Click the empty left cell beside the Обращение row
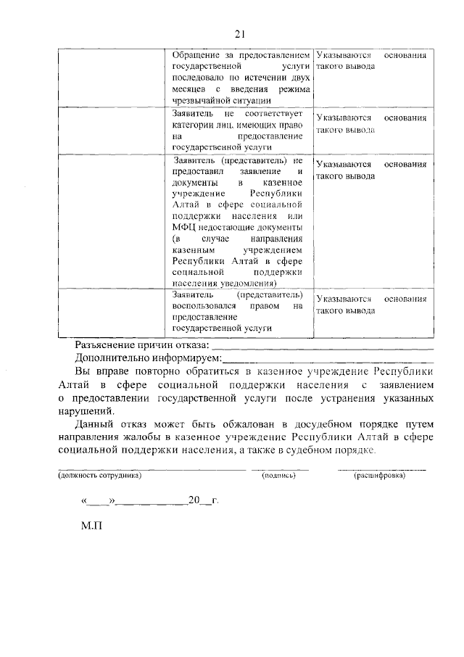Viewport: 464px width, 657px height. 112,77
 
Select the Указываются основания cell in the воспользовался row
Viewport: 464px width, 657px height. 370,305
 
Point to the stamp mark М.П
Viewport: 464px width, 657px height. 93,542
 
